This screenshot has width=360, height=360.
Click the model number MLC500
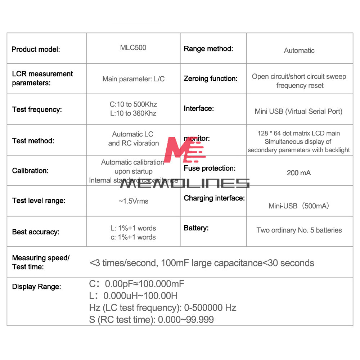point(133,48)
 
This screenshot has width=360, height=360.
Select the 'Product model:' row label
point(36,49)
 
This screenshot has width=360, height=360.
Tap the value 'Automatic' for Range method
point(299,51)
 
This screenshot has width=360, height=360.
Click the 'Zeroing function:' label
point(211,78)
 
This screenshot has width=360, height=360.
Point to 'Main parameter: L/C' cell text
point(134,79)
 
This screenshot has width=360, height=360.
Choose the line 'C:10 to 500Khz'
point(133,104)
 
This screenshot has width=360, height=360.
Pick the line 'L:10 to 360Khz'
point(133,113)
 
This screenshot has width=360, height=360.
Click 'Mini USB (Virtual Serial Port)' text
point(298,111)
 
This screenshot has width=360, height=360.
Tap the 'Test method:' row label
point(33,141)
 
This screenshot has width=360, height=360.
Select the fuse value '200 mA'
point(299,173)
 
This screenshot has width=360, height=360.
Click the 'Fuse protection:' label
point(210,168)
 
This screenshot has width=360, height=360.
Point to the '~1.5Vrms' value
point(133,201)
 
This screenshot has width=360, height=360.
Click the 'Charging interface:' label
point(214,198)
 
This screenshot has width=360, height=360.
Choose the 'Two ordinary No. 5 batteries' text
point(299,230)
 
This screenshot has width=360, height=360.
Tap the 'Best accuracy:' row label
point(36,232)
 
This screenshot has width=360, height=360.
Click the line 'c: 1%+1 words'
point(133,237)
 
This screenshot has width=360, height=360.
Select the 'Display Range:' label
point(36,287)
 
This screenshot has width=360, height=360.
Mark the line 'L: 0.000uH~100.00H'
point(133,296)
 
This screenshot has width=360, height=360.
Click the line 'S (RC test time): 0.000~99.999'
point(152,320)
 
